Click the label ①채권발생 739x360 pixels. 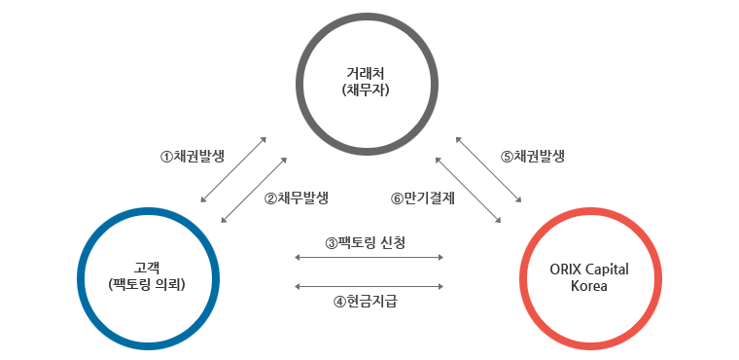coord(193,156)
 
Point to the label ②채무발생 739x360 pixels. coord(296,198)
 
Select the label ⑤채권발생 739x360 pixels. coord(534,156)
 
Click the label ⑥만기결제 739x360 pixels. coord(423,198)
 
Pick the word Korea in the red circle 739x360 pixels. coord(590,287)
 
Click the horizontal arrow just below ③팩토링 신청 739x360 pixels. coord(369,258)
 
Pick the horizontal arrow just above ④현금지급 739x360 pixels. coord(369,286)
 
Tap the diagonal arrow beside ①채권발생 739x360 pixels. coord(233,169)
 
